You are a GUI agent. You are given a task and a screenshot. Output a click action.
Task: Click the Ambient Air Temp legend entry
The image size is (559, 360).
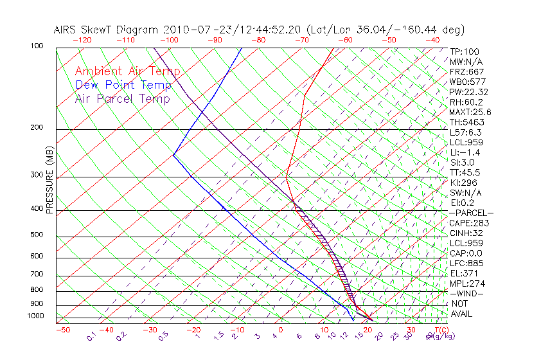(127, 71)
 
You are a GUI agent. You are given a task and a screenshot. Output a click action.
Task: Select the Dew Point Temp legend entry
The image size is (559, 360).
(123, 85)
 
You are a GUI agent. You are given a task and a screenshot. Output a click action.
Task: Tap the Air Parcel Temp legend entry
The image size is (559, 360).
(122, 98)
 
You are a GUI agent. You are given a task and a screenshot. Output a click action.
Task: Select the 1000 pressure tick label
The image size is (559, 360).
(37, 316)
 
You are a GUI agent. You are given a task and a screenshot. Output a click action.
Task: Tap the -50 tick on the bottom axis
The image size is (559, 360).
(62, 330)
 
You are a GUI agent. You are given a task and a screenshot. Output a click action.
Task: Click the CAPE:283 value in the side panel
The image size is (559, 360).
(469, 223)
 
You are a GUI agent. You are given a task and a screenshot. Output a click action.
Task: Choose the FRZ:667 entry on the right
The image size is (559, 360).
(467, 71)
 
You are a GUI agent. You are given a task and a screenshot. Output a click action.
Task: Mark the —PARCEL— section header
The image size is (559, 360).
(471, 213)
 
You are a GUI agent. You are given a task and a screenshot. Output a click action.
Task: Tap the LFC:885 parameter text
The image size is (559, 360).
(467, 263)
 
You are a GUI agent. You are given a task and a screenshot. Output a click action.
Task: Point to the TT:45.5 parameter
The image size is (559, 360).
(465, 172)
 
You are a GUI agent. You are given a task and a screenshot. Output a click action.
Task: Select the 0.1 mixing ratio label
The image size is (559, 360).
(91, 337)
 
